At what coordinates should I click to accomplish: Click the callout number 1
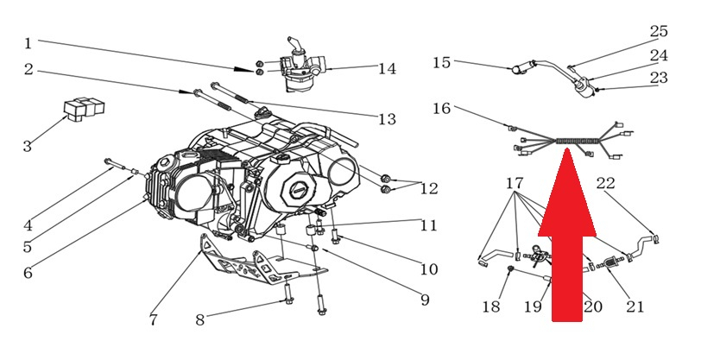[x=28, y=42]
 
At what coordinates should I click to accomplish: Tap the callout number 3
[x=28, y=147]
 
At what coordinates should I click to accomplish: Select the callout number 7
[x=153, y=320]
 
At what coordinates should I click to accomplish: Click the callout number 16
[x=441, y=109]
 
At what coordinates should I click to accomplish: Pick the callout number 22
[x=606, y=183]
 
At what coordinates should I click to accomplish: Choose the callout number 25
[x=659, y=32]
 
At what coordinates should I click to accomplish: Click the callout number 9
[x=424, y=300]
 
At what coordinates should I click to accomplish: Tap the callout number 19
[x=534, y=306]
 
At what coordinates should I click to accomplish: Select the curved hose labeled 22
[x=643, y=243]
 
